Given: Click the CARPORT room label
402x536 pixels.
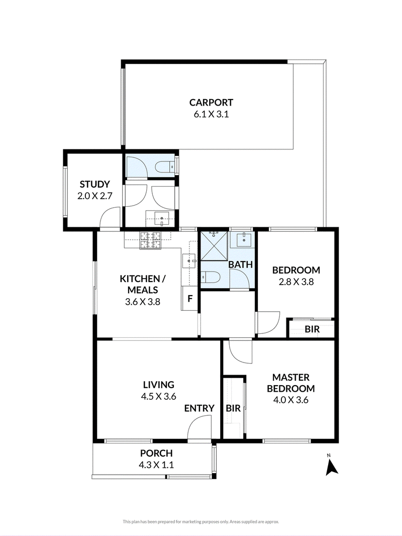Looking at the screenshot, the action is [x=211, y=102].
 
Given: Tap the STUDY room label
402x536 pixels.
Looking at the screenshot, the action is [x=94, y=184].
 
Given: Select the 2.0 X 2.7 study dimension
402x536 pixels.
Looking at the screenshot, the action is [x=94, y=196].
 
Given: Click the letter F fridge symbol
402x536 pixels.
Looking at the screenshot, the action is [x=190, y=299].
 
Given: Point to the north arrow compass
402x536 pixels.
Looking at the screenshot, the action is [x=331, y=465].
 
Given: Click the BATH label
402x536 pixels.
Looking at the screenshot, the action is [x=241, y=264].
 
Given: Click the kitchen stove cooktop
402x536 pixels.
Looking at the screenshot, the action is [x=150, y=240].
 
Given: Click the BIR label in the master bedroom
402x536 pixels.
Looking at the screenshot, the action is [x=233, y=408].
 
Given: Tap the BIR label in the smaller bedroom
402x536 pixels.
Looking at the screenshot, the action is [x=312, y=329].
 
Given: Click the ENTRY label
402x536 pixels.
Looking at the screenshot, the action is [x=199, y=408].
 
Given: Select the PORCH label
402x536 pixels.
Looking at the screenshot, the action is [x=156, y=453].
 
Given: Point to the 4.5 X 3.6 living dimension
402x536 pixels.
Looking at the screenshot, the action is [x=158, y=396].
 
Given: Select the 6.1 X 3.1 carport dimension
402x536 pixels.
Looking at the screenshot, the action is [x=211, y=114].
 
